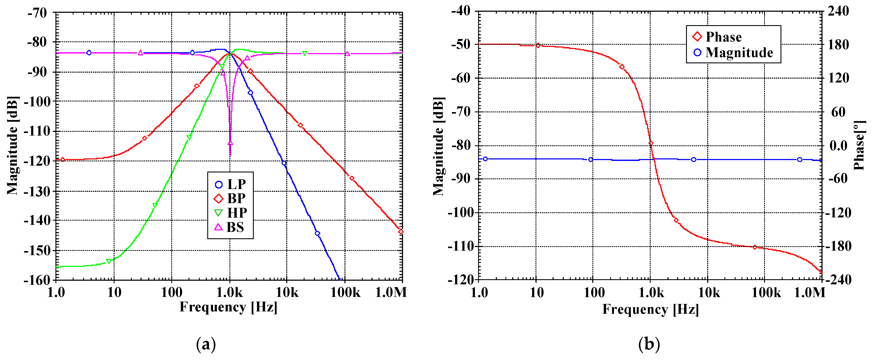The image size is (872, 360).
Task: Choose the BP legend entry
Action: click(x=230, y=198)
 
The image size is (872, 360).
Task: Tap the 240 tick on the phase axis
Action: click(x=838, y=11)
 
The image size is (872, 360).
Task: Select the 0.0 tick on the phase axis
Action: click(x=838, y=146)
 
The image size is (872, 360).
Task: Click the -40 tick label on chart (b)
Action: click(x=460, y=11)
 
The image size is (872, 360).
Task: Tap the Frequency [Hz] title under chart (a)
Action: click(x=228, y=307)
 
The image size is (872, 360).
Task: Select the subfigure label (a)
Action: click(x=206, y=344)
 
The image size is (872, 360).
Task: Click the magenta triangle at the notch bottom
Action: click(x=230, y=143)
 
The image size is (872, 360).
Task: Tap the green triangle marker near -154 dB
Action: click(x=109, y=261)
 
